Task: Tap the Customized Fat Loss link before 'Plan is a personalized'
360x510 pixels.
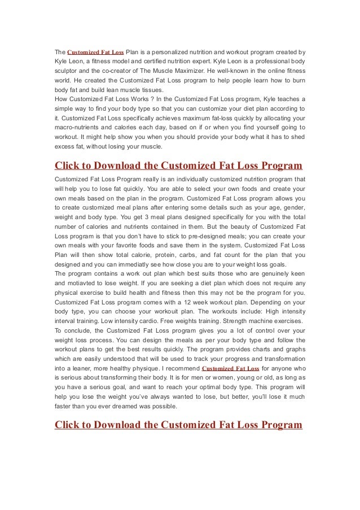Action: [95, 52]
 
